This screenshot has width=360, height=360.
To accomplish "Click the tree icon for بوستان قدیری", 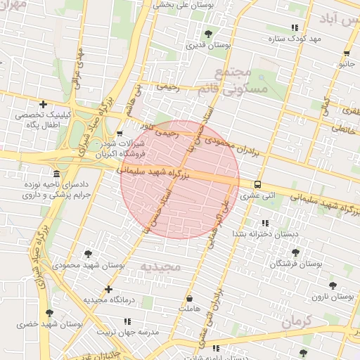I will coord(207,33).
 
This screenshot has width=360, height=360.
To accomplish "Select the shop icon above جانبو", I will coord(347,53).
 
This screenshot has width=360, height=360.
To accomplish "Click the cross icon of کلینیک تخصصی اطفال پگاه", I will coord(44,104).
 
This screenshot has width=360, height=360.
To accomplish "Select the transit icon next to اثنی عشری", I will coord(257,184).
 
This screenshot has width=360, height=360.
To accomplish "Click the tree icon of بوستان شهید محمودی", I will coord(87,253).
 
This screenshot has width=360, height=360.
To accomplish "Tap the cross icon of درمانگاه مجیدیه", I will coord(108,288).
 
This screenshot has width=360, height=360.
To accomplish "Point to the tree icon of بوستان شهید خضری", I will coord(49,313).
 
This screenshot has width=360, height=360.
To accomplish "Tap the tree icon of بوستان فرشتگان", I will coord(295,252).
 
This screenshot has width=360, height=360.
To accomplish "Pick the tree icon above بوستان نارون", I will coord(333,285).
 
